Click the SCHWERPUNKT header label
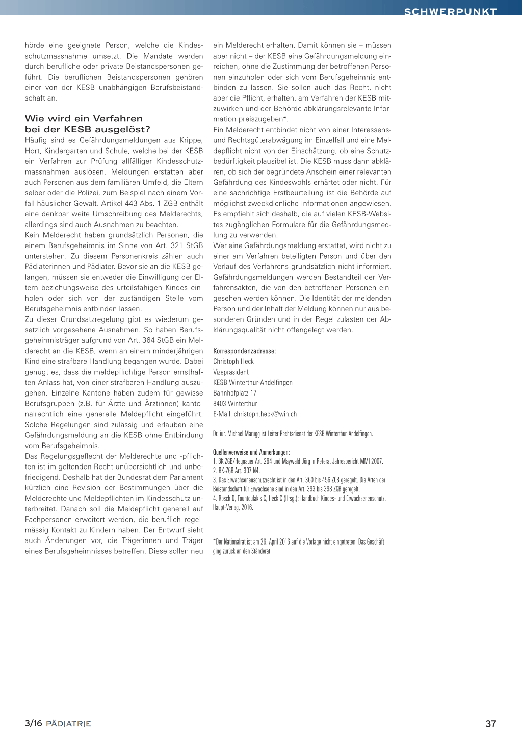tap(450, 11)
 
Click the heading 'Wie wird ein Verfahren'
tap(84, 119)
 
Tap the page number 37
tap(490, 723)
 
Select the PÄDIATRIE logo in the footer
tap(68, 723)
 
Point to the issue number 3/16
tap(33, 723)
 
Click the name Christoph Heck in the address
tap(233, 361)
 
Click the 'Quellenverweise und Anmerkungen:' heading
tap(251, 452)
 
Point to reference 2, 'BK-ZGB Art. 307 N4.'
tap(237, 470)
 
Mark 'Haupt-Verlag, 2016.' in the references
tap(233, 507)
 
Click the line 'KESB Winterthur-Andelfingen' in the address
tap(253, 382)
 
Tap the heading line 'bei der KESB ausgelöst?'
tap(88, 129)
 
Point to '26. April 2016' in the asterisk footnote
tap(277, 541)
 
